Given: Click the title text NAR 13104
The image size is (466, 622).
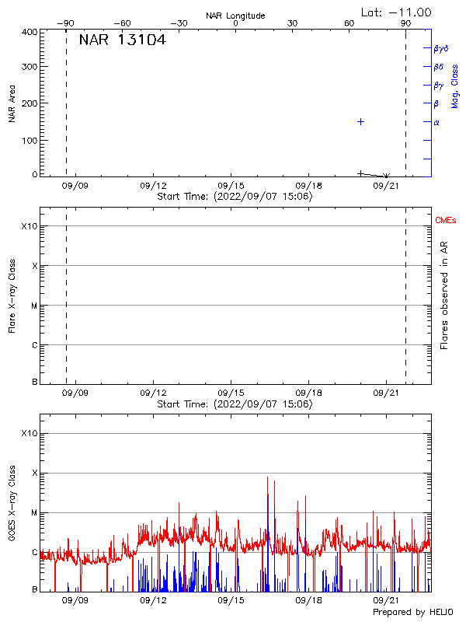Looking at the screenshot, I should click(x=122, y=40).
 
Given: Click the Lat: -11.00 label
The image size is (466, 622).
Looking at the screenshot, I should click(x=397, y=12).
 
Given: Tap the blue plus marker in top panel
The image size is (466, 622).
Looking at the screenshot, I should click(x=360, y=122).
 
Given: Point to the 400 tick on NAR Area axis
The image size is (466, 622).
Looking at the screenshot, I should click(x=30, y=32).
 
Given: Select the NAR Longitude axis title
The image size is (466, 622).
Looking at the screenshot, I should click(x=235, y=16).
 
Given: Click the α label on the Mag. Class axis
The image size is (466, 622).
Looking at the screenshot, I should click(x=436, y=122).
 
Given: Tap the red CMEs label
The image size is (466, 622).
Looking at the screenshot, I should click(x=447, y=222).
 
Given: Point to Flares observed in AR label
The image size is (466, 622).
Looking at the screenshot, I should click(x=444, y=295).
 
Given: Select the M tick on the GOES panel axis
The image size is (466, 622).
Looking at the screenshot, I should click(x=33, y=512).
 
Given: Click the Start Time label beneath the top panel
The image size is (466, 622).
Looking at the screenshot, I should click(x=235, y=197).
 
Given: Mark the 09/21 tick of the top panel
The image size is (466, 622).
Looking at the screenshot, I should click(x=387, y=187).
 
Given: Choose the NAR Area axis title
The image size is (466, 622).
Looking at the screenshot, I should click(x=12, y=103).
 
